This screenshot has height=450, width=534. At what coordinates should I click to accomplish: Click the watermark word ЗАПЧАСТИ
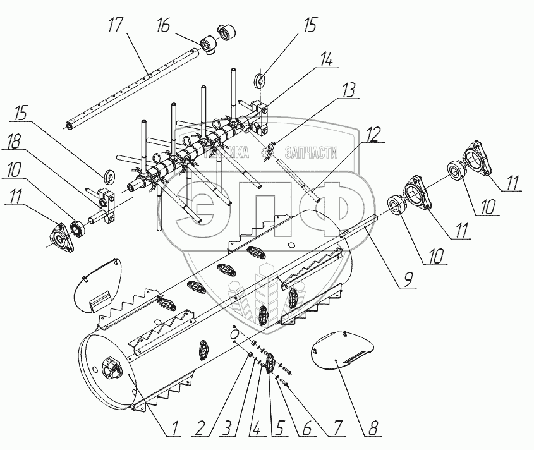312,153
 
